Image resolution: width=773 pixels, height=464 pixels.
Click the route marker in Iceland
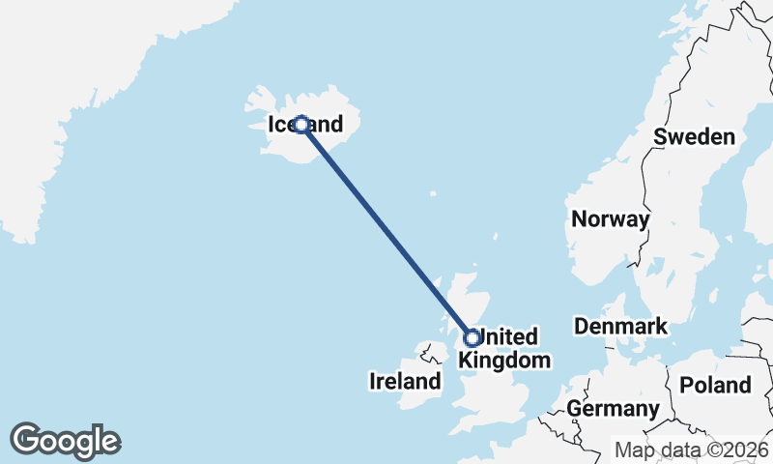[301, 125]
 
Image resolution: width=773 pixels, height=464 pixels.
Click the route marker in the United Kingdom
[472, 337]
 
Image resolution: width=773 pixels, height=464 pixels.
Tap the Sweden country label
[694, 137]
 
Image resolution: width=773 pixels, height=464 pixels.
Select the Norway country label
[610, 219]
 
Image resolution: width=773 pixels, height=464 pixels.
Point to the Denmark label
[620, 327]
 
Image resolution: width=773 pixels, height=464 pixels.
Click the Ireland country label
[405, 382]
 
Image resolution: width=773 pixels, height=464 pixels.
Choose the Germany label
[613, 409]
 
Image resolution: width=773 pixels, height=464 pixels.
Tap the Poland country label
[715, 386]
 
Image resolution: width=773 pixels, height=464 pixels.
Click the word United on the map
[509, 337]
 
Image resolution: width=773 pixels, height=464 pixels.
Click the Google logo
[65, 441]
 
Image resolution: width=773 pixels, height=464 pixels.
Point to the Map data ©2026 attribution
[692, 450]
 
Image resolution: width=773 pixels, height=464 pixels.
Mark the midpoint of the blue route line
[386, 231]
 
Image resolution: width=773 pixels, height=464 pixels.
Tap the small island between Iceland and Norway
[495, 237]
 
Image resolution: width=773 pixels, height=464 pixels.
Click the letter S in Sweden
[661, 137]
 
